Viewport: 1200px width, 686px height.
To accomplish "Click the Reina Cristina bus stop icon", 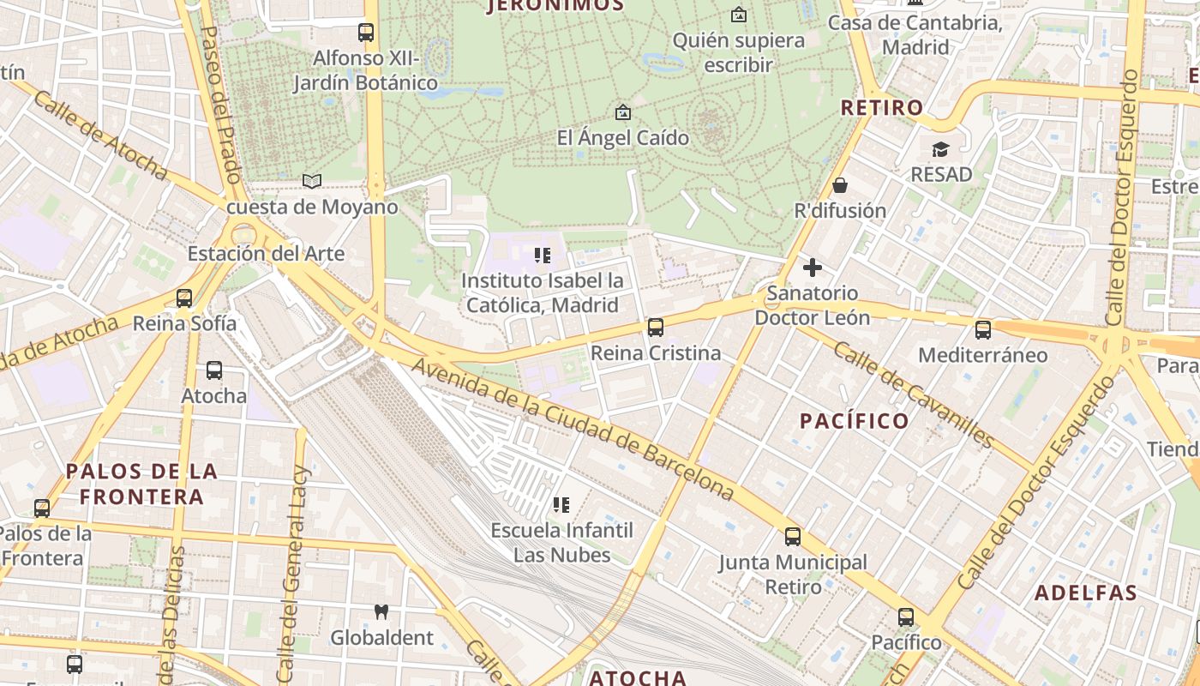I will (656, 327).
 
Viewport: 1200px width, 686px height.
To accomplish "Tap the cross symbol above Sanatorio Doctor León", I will (812, 268).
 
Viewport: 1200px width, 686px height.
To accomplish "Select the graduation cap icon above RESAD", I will (941, 149).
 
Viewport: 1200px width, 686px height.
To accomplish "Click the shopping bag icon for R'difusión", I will (839, 185).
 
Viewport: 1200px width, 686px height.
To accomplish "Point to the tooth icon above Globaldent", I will (381, 611).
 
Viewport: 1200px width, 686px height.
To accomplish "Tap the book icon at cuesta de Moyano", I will (312, 181).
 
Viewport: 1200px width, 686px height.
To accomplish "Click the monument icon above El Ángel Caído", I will (622, 112).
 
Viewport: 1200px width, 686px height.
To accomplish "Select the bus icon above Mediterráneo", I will (982, 329).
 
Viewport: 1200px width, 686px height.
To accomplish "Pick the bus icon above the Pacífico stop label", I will (906, 617).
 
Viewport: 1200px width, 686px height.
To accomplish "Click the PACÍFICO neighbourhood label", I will (854, 420).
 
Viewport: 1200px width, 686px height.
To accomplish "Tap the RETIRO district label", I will (882, 107).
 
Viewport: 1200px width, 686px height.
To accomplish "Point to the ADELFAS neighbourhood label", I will (1085, 593).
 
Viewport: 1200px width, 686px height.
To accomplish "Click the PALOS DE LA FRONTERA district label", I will (141, 484).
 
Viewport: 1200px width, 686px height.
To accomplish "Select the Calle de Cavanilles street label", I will (914, 394).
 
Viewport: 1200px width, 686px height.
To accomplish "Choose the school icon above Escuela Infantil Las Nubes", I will (561, 505).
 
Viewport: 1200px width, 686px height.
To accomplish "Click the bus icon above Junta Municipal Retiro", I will (793, 537).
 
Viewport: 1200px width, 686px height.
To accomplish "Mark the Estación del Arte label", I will (266, 254).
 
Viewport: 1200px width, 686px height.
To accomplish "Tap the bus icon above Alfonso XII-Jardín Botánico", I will (366, 33).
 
